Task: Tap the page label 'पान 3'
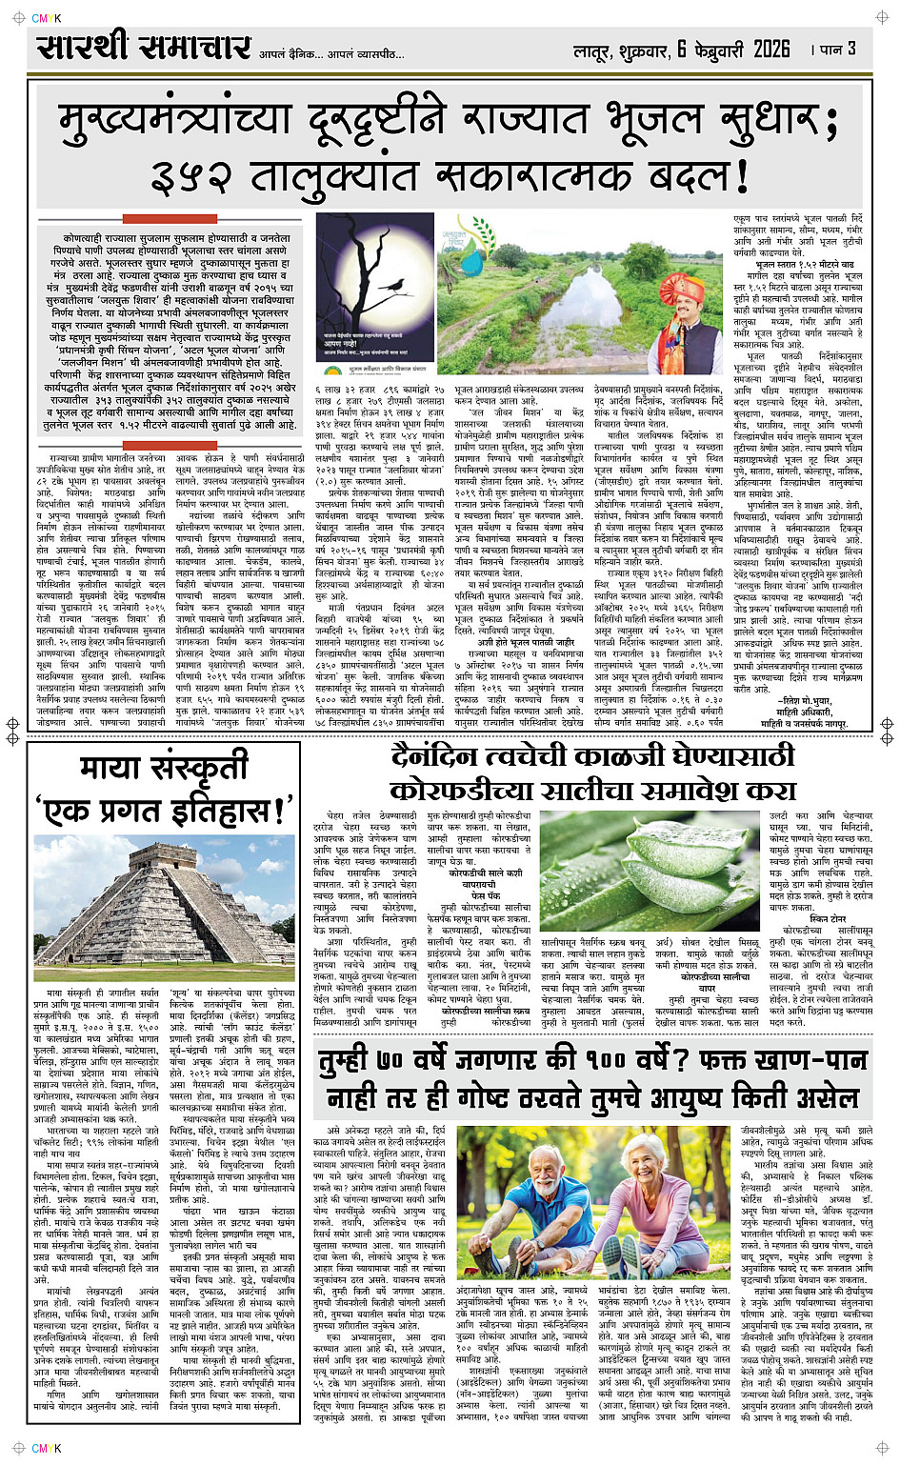pos(839,50)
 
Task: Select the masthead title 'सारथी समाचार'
pos(143,48)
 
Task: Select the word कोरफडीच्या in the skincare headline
pos(457,791)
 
